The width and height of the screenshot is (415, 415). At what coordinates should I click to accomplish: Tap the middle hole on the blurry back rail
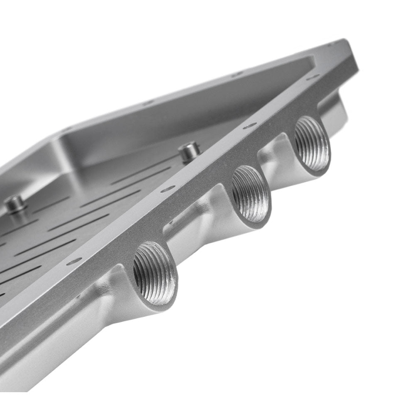[x=147, y=103]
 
